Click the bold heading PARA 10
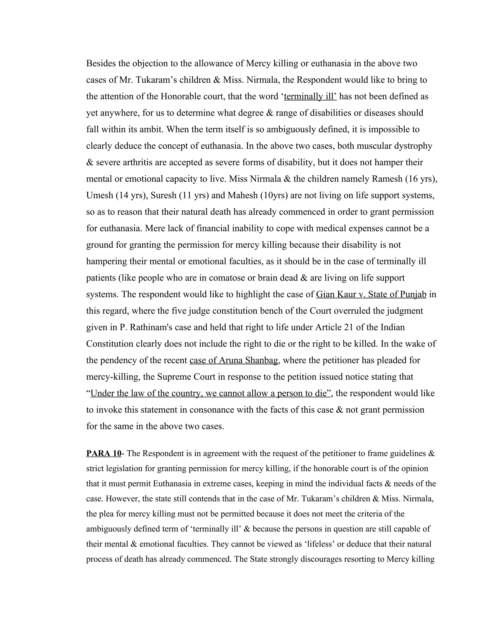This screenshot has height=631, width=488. (x=103, y=453)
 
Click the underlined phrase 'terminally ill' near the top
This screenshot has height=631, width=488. (x=310, y=96)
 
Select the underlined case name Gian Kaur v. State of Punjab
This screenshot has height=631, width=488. (x=371, y=294)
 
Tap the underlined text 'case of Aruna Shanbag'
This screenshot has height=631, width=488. (x=234, y=360)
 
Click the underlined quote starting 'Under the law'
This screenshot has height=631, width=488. (x=210, y=393)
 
